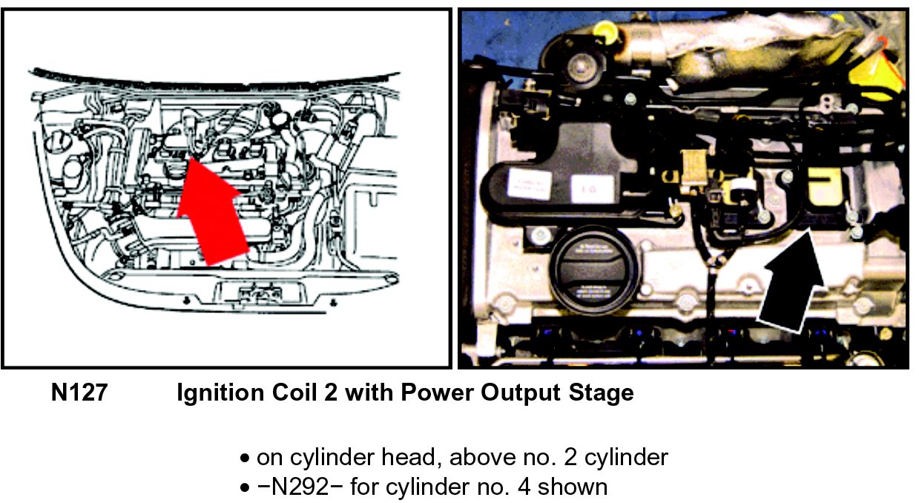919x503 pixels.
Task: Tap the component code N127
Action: [79, 392]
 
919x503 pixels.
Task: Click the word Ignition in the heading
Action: [220, 393]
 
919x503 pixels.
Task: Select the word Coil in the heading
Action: [294, 392]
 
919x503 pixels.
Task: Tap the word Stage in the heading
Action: [601, 393]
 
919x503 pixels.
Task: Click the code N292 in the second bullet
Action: [300, 487]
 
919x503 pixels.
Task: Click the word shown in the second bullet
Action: [573, 487]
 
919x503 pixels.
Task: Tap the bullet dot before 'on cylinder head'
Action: [245, 458]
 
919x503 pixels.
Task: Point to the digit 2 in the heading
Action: [331, 392]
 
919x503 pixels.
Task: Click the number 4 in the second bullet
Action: [524, 487]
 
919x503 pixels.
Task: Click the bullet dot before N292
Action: [245, 488]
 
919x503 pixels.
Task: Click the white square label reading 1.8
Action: [593, 188]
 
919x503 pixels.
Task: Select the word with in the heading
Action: [369, 392]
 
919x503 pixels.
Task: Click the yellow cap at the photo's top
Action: [605, 29]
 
